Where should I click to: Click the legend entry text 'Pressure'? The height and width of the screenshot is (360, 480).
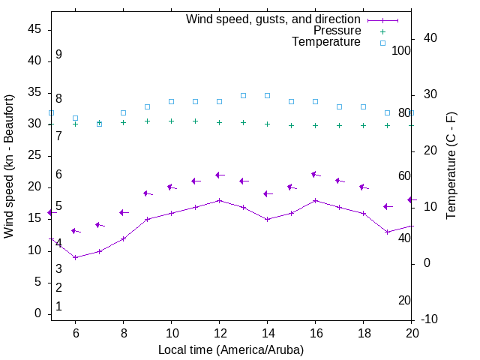(337, 31)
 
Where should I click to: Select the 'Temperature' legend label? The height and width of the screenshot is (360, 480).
(326, 42)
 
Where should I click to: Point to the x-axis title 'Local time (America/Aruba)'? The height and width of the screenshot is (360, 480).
(231, 349)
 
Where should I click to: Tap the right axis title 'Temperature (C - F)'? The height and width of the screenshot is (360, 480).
(451, 166)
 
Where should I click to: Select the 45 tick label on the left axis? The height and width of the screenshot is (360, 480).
(34, 29)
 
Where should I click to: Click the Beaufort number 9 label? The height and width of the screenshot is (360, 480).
(58, 55)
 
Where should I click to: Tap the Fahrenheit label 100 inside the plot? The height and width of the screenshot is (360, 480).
(401, 50)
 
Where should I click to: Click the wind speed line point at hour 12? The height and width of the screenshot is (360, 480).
(219, 200)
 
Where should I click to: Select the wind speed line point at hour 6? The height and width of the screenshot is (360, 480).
(75, 257)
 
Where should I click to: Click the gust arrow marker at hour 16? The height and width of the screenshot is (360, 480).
(315, 175)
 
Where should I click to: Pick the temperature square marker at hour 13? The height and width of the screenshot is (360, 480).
(243, 95)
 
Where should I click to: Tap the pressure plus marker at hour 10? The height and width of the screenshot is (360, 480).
(171, 121)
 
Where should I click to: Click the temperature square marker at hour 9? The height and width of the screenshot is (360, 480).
(147, 106)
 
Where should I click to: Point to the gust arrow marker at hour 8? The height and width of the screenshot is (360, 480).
(123, 212)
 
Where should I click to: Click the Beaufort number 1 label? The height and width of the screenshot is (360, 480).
(58, 307)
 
